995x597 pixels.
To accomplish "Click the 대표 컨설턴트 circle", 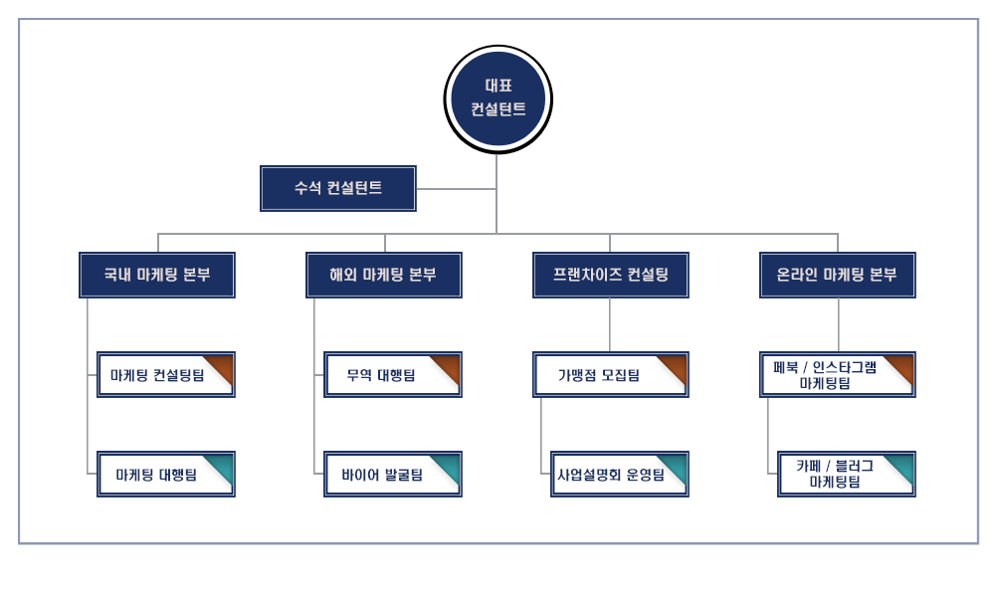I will [497, 99].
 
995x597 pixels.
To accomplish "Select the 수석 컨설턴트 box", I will [338, 188].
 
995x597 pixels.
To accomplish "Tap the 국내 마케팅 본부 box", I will [157, 275].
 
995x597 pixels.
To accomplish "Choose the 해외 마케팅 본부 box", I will [383, 275].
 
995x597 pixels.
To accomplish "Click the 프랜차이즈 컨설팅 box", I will [610, 275].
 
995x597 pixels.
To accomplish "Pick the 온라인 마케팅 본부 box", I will [837, 275].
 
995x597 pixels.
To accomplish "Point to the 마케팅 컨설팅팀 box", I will [159, 375].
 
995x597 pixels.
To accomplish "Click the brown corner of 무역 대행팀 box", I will [448, 364].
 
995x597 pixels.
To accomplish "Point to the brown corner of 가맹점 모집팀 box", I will [675, 364].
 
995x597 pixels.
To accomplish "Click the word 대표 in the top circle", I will [498, 86].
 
